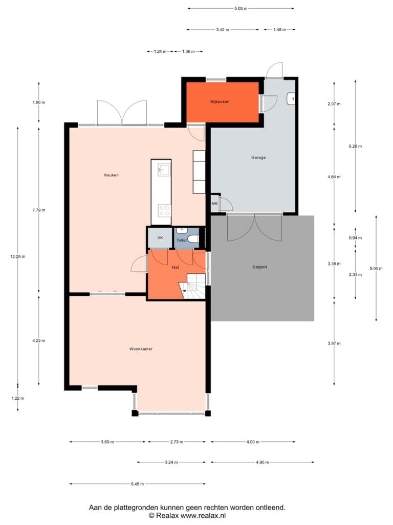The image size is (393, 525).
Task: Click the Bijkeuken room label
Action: click(220, 102)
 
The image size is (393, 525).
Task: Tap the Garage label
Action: click(258, 157)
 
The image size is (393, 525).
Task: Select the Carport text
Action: click(259, 267)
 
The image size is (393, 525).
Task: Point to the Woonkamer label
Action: click(141, 349)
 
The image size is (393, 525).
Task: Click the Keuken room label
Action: click(111, 175)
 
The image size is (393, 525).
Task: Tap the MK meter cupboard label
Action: click(214, 204)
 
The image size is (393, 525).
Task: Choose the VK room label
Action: click(160, 238)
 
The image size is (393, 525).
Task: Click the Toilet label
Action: click(182, 240)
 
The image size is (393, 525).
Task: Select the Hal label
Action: click(176, 267)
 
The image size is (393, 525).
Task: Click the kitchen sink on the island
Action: click(163, 170)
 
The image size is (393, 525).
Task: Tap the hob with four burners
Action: click(164, 211)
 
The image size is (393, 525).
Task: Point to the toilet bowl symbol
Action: click(193, 239)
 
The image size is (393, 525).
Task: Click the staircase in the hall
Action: click(192, 287)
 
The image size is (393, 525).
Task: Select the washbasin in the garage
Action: click(291, 99)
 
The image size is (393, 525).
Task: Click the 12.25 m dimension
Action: click(18, 257)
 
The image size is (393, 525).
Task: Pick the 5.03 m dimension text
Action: click(241, 8)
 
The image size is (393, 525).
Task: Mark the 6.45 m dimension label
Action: click(137, 484)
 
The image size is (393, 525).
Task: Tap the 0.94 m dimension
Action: click(355, 238)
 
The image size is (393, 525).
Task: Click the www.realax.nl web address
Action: click(203, 516)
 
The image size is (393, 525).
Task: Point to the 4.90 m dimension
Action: click(263, 462)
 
